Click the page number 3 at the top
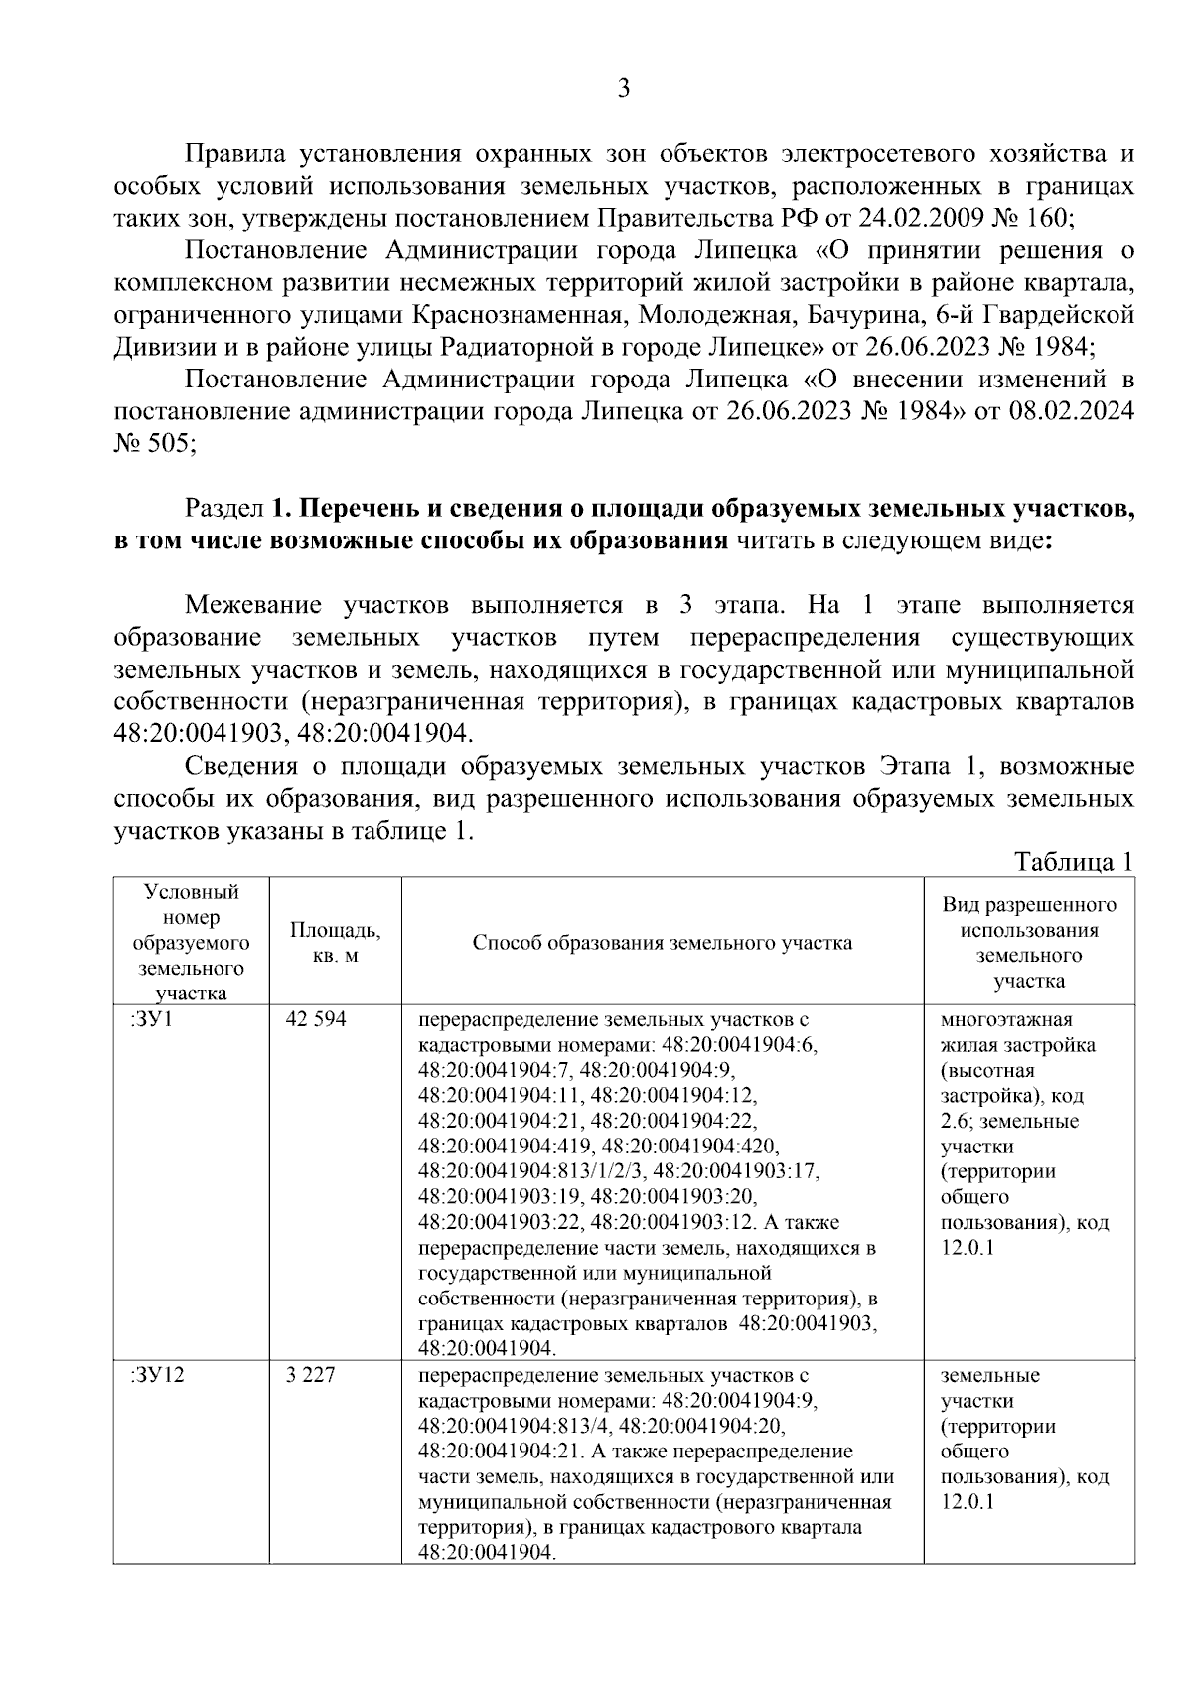tap(623, 89)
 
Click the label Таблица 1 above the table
tap(1073, 862)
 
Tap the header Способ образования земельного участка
tap(663, 942)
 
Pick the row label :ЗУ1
tap(151, 1019)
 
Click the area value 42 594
tap(315, 1019)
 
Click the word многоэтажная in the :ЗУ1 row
tap(1006, 1019)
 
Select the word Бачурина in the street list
tap(862, 315)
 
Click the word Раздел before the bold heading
tap(223, 509)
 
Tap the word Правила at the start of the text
tap(235, 155)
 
